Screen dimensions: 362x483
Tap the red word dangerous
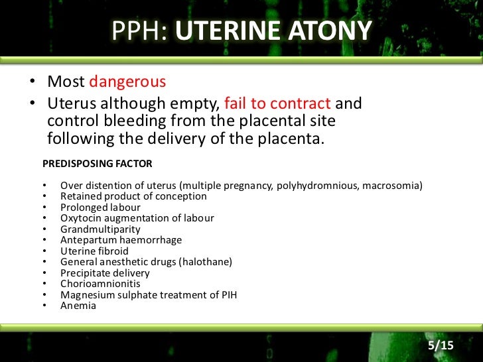tap(127, 82)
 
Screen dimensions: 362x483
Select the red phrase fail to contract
tap(277, 103)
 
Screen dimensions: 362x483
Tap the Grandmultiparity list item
tap(100, 229)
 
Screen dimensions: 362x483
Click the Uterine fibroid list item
tap(94, 251)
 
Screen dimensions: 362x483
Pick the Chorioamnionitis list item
tap(100, 284)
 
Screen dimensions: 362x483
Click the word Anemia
tap(78, 306)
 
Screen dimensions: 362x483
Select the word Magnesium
tap(84, 294)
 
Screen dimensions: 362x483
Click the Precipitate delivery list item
tap(105, 273)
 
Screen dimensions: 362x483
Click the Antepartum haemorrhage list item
tap(121, 240)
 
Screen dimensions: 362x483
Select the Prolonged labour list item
tap(100, 208)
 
